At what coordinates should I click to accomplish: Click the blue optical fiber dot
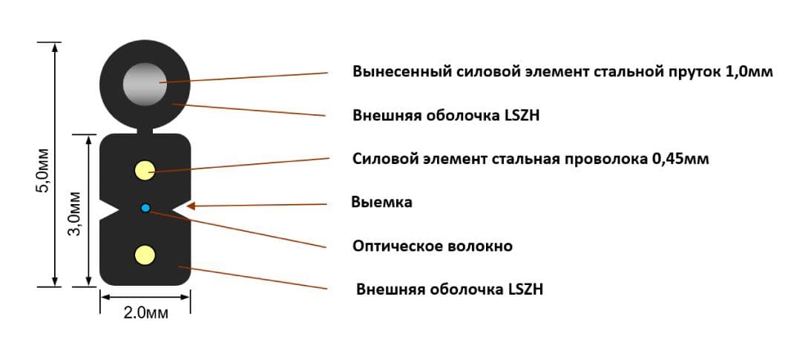tap(145, 208)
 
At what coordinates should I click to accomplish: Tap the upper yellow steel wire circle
tap(145, 171)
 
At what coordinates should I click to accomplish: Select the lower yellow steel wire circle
tap(145, 255)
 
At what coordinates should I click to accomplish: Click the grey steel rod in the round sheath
tap(145, 85)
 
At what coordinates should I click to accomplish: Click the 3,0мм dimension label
tap(76, 213)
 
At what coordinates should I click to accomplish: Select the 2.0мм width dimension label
tap(146, 313)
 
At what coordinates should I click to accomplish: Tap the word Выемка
tap(381, 202)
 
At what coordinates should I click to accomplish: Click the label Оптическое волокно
tap(433, 246)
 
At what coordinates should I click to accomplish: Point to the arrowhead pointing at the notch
tap(191, 206)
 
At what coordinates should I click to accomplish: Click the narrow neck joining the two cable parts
tap(145, 131)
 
